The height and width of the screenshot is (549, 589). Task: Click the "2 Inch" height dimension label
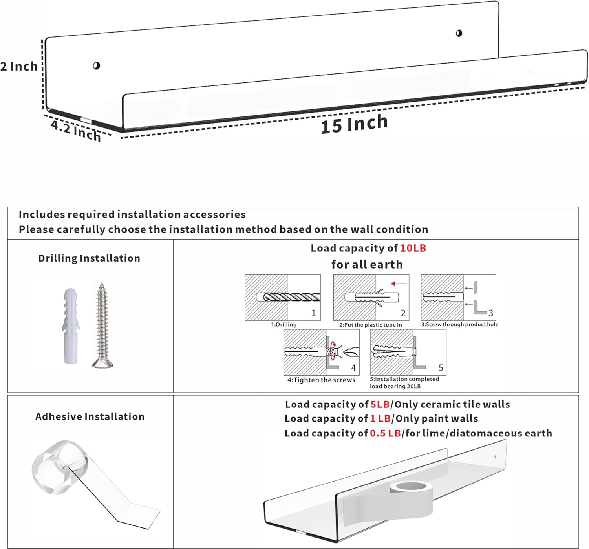(19, 67)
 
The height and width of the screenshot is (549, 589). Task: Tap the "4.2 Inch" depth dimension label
(76, 131)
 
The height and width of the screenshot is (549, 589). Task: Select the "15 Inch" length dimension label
(354, 124)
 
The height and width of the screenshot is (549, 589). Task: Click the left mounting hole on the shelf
(96, 65)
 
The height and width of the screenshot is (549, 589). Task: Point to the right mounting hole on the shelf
(459, 33)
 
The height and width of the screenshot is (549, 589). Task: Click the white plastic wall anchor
(71, 325)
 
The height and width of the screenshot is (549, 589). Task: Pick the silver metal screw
(102, 325)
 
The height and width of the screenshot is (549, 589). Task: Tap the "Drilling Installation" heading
(89, 258)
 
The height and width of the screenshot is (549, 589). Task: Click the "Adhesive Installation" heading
(90, 416)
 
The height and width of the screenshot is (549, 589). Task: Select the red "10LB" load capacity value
(413, 248)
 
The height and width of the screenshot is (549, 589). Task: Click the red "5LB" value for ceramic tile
(380, 404)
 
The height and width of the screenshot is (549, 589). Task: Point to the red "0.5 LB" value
(385, 433)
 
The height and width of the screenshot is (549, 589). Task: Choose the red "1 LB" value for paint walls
(380, 419)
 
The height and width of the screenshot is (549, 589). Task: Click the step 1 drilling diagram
(283, 298)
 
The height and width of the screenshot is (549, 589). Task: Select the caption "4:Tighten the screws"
(321, 380)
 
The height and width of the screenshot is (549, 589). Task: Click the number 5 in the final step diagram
(441, 368)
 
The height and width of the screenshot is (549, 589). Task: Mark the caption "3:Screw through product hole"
(459, 325)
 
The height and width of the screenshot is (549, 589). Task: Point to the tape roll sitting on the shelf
(411, 488)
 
